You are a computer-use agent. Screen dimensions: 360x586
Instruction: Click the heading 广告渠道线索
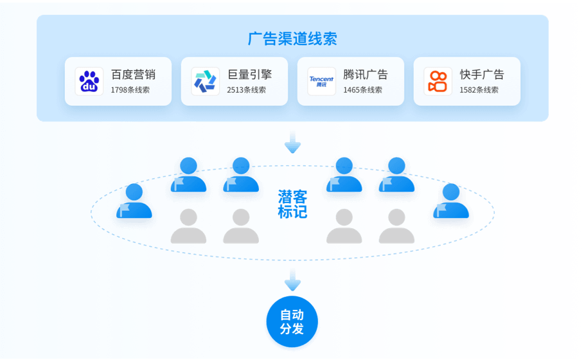(x=292, y=39)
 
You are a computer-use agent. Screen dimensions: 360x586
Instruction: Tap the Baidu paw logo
(x=89, y=82)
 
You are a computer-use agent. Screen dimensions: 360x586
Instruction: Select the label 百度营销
(x=133, y=75)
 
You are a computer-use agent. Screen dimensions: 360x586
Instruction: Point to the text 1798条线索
(x=130, y=90)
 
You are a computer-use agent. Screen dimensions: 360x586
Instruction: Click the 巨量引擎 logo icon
(x=206, y=82)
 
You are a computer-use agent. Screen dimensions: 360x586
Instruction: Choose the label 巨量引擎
(x=249, y=75)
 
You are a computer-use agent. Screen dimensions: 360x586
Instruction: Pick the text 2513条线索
(x=246, y=90)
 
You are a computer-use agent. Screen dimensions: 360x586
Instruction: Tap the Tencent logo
(x=321, y=82)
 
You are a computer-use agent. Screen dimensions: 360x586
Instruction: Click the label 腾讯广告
(x=366, y=75)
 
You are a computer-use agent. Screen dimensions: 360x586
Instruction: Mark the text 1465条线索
(x=362, y=90)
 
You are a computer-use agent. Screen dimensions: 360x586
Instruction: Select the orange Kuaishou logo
(x=438, y=82)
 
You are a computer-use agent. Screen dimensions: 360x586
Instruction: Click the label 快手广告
(x=482, y=75)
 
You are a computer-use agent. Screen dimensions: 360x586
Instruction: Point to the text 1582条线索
(x=479, y=90)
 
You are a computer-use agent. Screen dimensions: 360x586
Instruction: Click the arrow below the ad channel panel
(x=292, y=142)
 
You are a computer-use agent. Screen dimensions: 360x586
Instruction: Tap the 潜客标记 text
(x=292, y=204)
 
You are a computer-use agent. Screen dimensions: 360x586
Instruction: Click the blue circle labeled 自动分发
(x=292, y=321)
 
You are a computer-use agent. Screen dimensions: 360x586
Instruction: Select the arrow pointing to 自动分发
(x=292, y=280)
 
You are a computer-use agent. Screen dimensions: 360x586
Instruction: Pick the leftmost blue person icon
(x=134, y=201)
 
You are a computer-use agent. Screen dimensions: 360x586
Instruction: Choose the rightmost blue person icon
(x=451, y=201)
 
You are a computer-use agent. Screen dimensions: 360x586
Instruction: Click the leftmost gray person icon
(x=188, y=226)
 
